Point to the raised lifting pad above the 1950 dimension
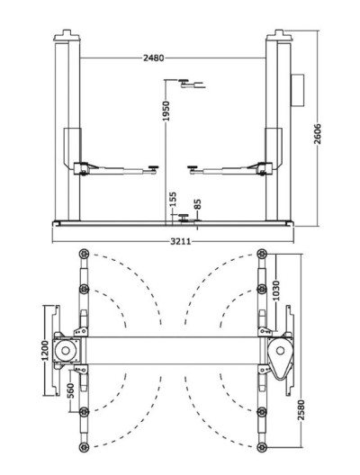pyautogui.click(x=187, y=84)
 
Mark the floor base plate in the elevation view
pyautogui.click(x=175, y=222)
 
